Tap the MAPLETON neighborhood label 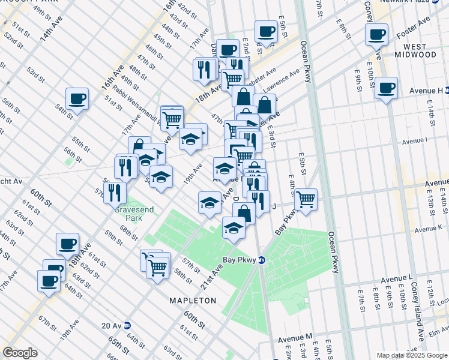(192, 300)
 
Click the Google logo (20, 353)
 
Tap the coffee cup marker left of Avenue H (386, 89)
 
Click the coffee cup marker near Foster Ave (377, 35)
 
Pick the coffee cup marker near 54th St (77, 99)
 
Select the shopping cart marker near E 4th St (306, 199)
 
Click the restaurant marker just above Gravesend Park (114, 193)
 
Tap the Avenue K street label (428, 229)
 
